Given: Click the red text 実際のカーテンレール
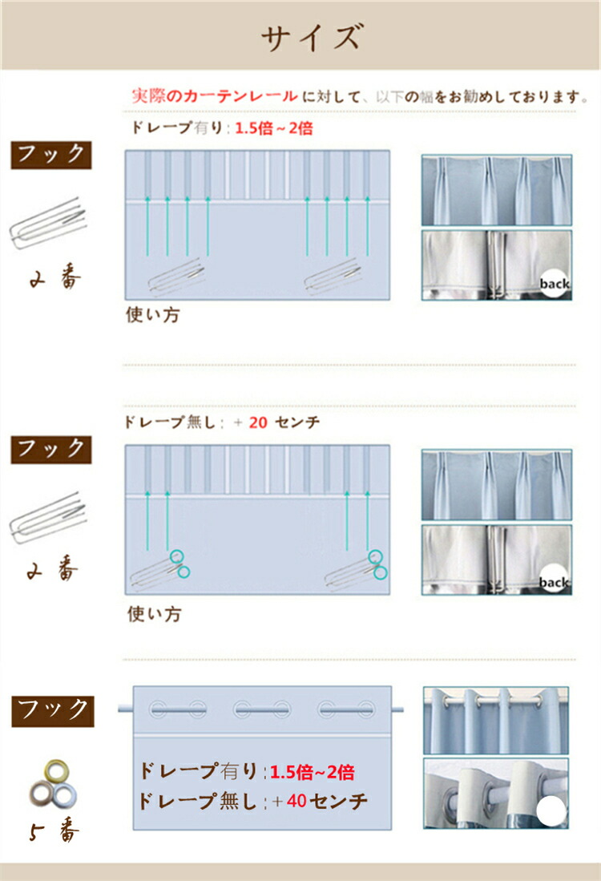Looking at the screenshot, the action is pyautogui.click(x=215, y=96).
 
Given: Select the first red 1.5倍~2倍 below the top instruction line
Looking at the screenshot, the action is pyautogui.click(x=273, y=128).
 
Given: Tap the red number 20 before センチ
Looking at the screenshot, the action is pyautogui.click(x=258, y=422).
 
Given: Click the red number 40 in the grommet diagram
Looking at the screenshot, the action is pyautogui.click(x=296, y=801).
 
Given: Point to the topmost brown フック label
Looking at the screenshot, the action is pyautogui.click(x=51, y=155).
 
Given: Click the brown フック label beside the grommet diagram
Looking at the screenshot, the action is pyautogui.click(x=53, y=711).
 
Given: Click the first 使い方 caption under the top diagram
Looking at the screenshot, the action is pyautogui.click(x=153, y=314).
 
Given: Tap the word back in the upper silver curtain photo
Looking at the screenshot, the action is pyautogui.click(x=555, y=285).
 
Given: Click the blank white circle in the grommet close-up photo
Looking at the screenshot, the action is pyautogui.click(x=551, y=810).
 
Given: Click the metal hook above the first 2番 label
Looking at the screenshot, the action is pyautogui.click(x=49, y=223).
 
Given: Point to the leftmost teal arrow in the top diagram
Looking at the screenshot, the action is pyautogui.click(x=147, y=226).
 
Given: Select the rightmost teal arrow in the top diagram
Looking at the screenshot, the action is pyautogui.click(x=367, y=226).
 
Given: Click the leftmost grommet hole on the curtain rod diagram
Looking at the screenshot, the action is pyautogui.click(x=158, y=709).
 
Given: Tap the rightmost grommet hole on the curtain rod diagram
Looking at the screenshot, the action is pyautogui.click(x=365, y=709).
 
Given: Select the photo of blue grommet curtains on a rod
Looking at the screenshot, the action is pyautogui.click(x=496, y=721).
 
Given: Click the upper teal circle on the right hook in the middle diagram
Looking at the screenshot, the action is pyautogui.click(x=375, y=557).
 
